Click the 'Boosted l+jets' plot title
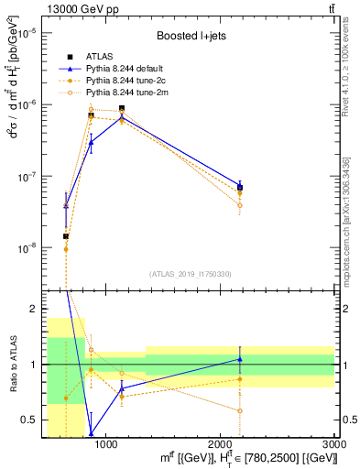coord(189,38)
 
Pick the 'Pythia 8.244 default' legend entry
coord(127,70)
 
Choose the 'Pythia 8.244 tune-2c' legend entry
coord(127,82)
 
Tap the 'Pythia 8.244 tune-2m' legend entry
coord(127,93)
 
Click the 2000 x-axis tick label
coord(220,443)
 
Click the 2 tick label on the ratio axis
coord(33,310)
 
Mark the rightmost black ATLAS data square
coord(240,188)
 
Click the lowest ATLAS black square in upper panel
coord(66,236)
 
